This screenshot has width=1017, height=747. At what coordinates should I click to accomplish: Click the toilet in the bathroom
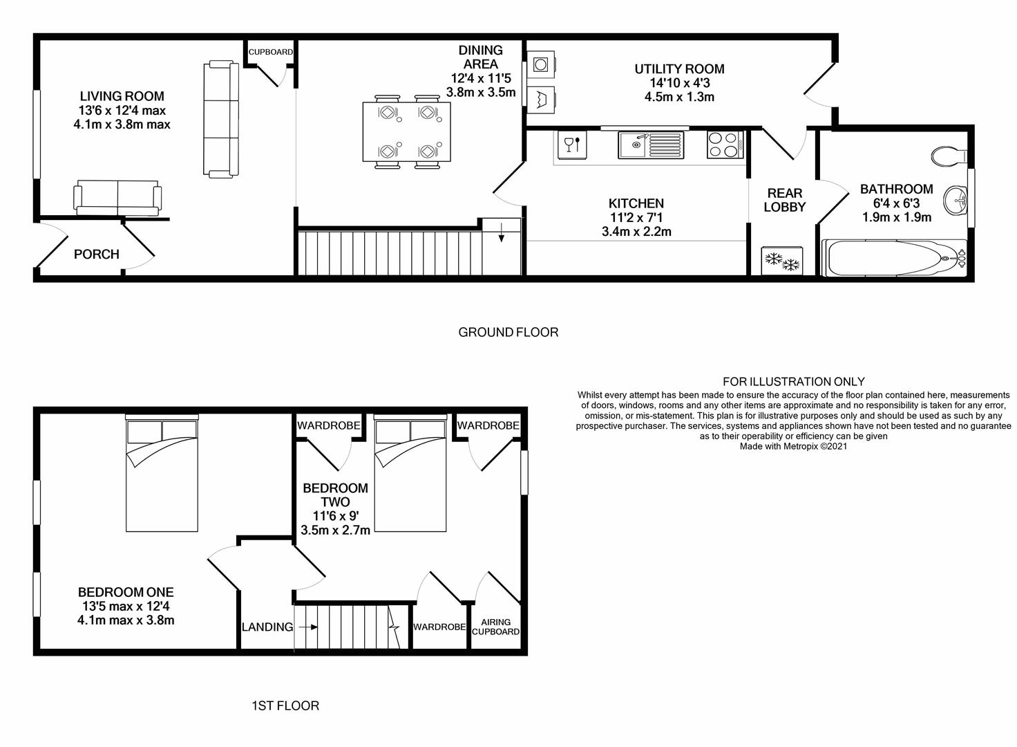(949, 156)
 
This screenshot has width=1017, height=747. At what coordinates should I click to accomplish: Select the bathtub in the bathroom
(895, 258)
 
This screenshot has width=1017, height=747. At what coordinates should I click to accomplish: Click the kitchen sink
(651, 145)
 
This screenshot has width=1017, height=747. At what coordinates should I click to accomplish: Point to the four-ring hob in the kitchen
(725, 145)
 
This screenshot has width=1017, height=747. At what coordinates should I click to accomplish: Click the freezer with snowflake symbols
(782, 261)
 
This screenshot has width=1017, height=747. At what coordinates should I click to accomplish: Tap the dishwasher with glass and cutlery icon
(572, 145)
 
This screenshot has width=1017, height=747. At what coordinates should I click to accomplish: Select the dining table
(406, 132)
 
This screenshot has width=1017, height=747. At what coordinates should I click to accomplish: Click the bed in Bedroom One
(162, 473)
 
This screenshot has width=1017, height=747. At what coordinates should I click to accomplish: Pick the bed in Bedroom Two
(410, 473)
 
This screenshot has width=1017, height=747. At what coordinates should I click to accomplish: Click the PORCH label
(96, 254)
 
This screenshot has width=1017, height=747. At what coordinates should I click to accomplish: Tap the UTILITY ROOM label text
(679, 69)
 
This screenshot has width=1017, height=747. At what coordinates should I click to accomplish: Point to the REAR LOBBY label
(785, 200)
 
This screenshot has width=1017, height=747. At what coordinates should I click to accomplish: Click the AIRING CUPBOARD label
(496, 627)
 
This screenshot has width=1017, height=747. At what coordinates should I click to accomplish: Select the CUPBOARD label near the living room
(271, 52)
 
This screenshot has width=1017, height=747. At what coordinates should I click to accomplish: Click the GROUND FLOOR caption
(508, 333)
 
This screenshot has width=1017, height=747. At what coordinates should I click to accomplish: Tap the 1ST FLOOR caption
(285, 705)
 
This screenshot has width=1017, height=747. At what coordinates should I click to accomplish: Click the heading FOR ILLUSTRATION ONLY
(794, 382)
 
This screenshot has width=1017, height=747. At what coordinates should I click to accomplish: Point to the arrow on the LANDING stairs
(308, 627)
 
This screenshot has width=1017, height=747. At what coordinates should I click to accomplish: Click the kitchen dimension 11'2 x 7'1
(636, 217)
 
